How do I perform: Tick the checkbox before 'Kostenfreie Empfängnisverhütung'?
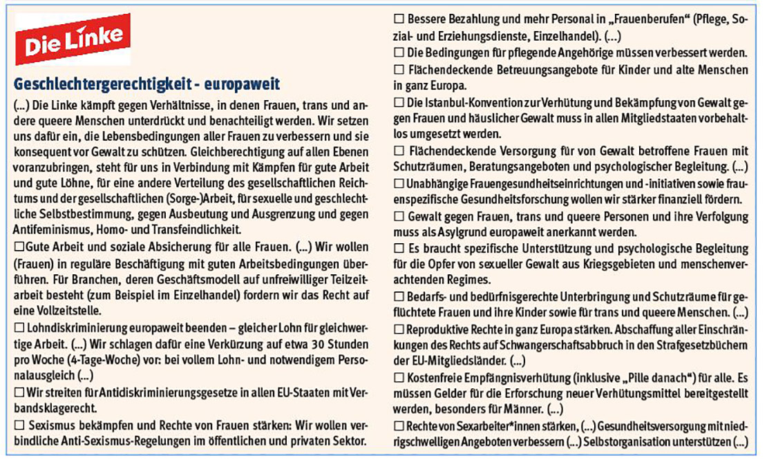(x=399, y=378)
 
